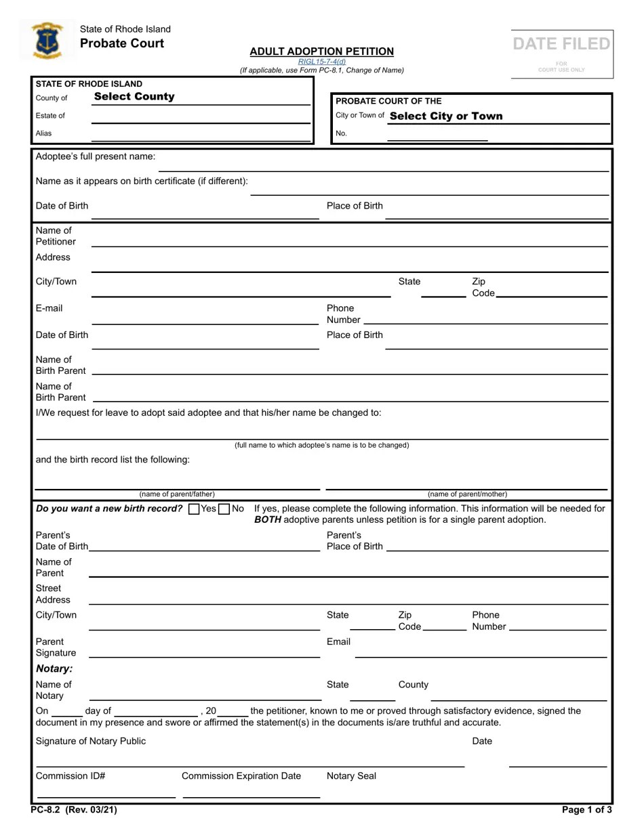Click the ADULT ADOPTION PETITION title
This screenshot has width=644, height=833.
321,51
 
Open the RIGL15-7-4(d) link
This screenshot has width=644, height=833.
321,62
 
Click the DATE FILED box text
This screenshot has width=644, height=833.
561,44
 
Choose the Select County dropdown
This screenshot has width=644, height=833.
134,97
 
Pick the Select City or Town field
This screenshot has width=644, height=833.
446,116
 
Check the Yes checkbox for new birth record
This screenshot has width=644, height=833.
194,509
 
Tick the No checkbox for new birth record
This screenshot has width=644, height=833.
224,509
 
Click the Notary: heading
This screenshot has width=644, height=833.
54,669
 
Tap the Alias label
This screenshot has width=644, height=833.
43,133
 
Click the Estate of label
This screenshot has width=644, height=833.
50,116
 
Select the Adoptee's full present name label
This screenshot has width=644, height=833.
96,156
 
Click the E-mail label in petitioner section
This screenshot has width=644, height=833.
49,308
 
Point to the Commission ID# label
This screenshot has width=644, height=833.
71,776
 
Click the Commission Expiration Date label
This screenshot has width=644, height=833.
241,776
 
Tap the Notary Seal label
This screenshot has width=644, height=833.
351,776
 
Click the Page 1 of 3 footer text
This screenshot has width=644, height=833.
586,810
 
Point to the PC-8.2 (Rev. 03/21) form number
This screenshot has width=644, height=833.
68,810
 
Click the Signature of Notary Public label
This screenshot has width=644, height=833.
91,741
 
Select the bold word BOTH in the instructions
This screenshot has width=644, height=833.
268,520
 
